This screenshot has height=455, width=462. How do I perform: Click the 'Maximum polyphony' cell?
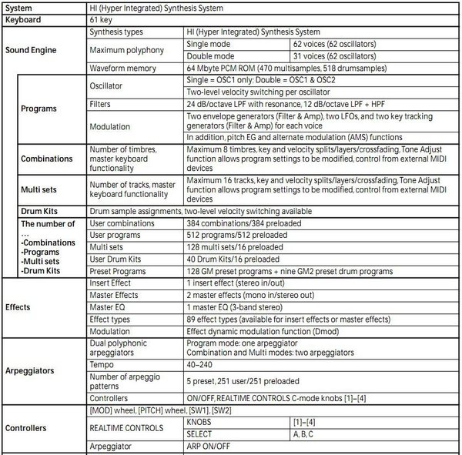pos(126,51)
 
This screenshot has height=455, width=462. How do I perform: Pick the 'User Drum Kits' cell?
pos(120,258)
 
